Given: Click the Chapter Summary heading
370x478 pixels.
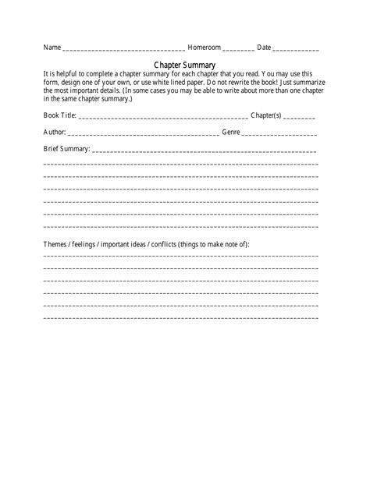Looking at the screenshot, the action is (x=185, y=65).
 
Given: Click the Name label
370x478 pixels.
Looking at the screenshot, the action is (x=52, y=48).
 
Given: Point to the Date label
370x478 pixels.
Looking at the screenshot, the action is (x=264, y=48).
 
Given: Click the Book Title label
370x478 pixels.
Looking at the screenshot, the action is (x=60, y=115).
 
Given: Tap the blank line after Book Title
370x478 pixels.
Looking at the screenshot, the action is (x=163, y=118).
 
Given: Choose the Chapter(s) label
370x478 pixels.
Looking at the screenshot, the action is (x=265, y=115).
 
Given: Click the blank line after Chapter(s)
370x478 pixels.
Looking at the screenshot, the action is (x=299, y=118).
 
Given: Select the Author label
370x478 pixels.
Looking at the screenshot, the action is (x=55, y=132).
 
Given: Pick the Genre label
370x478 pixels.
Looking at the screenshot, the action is (x=231, y=132).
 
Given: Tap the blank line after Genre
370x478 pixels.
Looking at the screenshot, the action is (x=279, y=134).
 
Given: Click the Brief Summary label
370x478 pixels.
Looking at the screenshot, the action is (x=66, y=148).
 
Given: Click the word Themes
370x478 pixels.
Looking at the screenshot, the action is (x=55, y=244).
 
